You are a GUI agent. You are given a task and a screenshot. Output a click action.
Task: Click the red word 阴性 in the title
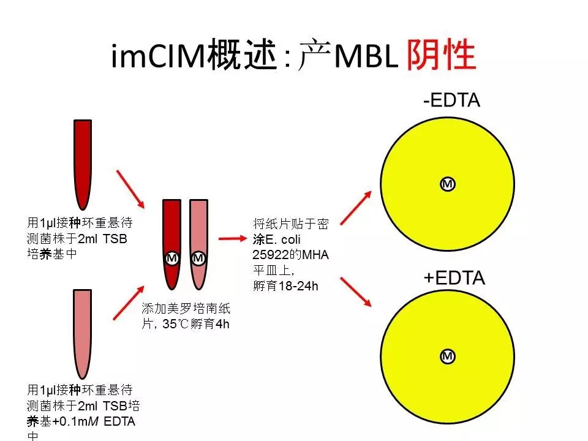point(441,55)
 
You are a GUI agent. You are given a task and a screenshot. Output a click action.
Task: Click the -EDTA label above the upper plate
point(451,100)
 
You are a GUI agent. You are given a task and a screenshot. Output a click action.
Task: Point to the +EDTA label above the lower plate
point(454,278)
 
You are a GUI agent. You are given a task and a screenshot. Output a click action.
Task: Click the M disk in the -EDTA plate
point(447,184)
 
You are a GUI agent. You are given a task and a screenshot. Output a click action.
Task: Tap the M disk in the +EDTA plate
point(447,356)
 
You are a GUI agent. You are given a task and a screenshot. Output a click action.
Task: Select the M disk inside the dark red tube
point(171,258)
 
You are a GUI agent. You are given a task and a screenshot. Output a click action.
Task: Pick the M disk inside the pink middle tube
point(198,258)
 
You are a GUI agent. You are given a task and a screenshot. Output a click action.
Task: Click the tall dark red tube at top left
point(83,164)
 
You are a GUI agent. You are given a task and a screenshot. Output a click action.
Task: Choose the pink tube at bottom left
point(83,334)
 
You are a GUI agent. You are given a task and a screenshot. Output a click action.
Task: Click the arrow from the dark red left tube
point(130,189)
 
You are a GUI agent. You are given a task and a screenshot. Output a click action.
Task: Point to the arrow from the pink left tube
point(129,303)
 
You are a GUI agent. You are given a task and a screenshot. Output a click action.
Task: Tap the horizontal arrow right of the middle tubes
point(233,238)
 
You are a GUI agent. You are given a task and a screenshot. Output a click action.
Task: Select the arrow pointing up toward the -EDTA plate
point(356,208)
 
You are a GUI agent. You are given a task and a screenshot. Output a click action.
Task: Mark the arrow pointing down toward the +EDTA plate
point(356,292)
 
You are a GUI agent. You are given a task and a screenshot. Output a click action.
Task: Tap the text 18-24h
point(298,286)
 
